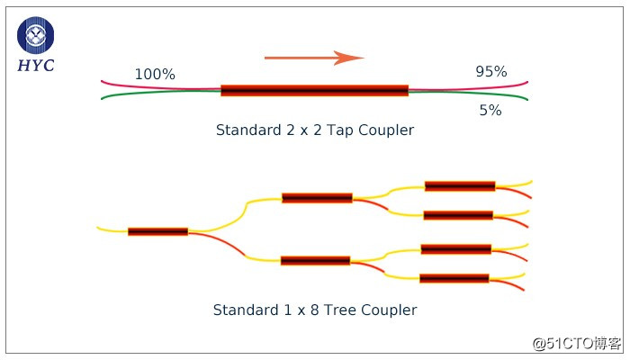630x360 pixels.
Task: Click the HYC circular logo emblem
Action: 36,36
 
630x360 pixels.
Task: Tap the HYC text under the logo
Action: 36,66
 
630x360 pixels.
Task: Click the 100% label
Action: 155,75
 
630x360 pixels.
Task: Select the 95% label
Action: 491,72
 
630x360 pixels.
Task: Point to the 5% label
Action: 490,111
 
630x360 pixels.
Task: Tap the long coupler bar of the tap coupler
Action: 314,90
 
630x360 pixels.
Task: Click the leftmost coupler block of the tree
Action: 157,231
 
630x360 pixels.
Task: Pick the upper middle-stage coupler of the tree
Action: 317,198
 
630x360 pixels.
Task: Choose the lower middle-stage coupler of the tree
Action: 315,261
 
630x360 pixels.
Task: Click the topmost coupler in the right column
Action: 460,186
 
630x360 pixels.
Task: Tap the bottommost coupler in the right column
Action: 454,279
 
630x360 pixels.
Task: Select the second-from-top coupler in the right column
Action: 458,215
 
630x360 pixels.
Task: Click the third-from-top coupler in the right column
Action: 456,249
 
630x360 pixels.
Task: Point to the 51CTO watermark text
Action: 576,343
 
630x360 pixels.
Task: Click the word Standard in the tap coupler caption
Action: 245,130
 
